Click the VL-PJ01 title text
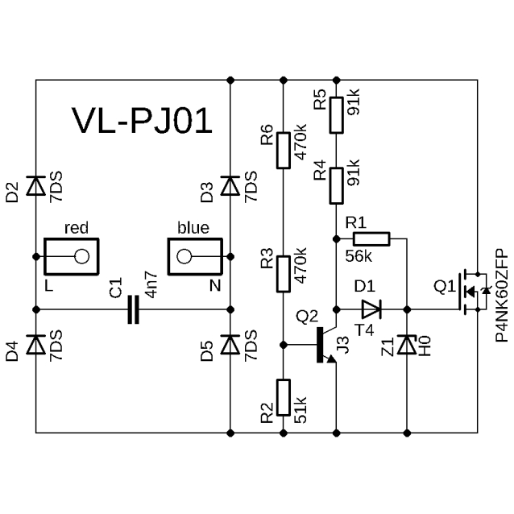click(142, 120)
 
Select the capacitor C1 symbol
click(134, 309)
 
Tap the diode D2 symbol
click(35, 186)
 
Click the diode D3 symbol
click(230, 186)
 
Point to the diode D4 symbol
click(35, 345)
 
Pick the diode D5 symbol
click(230, 345)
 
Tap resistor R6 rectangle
click(282, 150)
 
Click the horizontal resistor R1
click(371, 238)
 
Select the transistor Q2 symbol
click(326, 345)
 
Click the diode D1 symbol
click(371, 309)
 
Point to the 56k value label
click(358, 256)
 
